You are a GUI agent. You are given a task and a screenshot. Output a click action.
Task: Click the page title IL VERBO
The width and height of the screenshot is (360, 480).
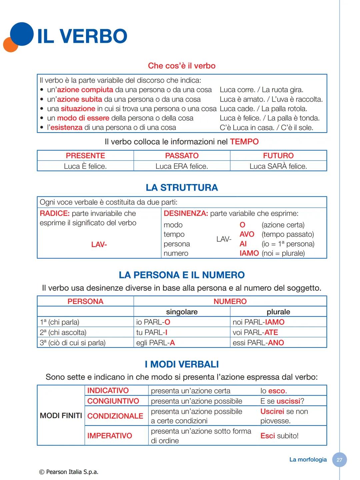point(82,36)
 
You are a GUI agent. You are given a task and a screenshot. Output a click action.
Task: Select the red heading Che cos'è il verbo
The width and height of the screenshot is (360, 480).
point(182,66)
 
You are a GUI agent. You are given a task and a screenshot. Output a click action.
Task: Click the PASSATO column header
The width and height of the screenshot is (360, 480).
point(182,156)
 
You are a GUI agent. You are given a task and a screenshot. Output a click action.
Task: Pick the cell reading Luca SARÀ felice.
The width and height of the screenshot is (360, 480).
point(278,166)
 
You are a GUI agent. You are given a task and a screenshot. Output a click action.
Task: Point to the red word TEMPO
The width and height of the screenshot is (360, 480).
point(244,142)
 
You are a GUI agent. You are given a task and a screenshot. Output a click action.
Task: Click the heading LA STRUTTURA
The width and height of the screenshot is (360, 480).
point(182,188)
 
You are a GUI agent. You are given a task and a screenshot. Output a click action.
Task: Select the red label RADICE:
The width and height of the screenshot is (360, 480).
point(55,213)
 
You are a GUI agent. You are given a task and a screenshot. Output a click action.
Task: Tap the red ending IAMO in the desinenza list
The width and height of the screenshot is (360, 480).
point(249,253)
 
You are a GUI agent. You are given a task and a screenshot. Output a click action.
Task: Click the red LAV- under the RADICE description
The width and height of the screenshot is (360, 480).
point(99,245)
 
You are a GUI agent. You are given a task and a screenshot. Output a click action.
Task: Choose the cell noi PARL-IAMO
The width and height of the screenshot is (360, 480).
point(259,322)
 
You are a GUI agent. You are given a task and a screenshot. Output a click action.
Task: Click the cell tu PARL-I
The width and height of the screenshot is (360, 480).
point(152,333)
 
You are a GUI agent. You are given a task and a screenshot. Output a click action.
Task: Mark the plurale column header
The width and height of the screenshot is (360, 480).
point(278,312)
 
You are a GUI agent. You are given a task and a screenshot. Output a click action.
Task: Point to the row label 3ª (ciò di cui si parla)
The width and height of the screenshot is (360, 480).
point(73,343)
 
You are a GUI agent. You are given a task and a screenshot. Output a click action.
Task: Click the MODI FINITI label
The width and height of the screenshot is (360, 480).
point(61,416)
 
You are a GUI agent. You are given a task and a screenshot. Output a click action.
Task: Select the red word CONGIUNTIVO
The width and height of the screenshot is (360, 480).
point(113,401)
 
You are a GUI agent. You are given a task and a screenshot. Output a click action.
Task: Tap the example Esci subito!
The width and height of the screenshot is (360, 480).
point(279,436)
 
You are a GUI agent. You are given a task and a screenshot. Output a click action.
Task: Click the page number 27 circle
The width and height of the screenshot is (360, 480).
point(339,460)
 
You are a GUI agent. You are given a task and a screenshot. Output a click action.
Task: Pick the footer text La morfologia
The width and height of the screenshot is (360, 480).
point(308,460)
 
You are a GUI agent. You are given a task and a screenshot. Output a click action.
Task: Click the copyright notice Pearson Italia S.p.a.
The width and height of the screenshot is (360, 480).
point(69,472)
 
